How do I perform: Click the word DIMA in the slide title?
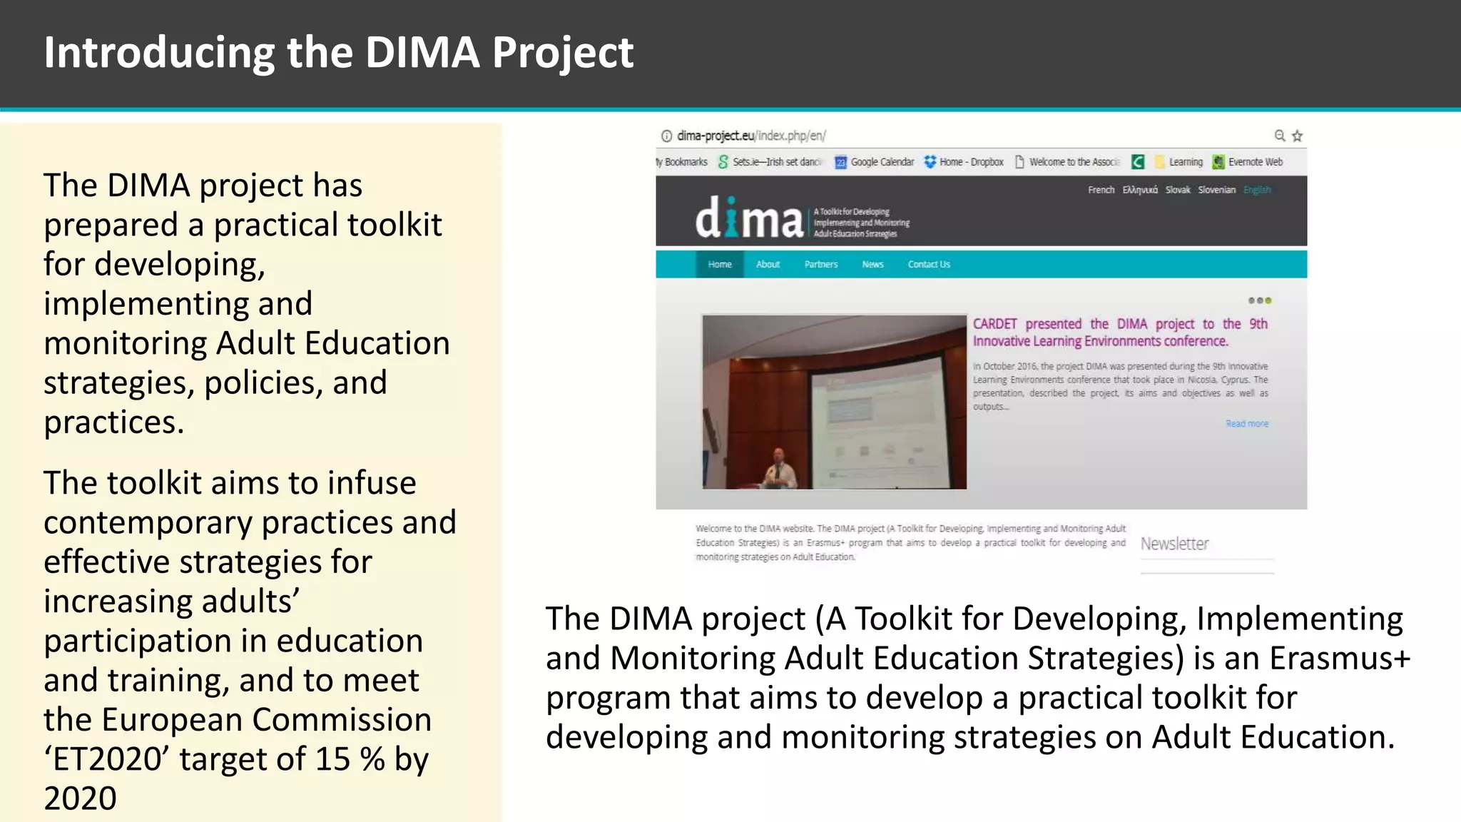point(422,53)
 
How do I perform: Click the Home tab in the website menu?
point(720,264)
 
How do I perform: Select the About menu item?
point(768,264)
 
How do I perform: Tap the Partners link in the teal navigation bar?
point(821,264)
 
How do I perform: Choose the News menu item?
point(872,264)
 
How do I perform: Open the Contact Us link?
point(929,264)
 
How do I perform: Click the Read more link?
point(1247,424)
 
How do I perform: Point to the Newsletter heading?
point(1174,544)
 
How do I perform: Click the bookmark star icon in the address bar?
point(1297,136)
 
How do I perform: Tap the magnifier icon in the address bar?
point(1280,136)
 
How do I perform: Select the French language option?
point(1101,190)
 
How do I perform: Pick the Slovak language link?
point(1178,190)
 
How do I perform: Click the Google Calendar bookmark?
point(875,162)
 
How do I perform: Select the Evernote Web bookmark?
point(1248,162)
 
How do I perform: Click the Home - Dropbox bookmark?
point(964,162)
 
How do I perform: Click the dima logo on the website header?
point(749,218)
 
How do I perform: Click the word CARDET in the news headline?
point(994,324)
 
